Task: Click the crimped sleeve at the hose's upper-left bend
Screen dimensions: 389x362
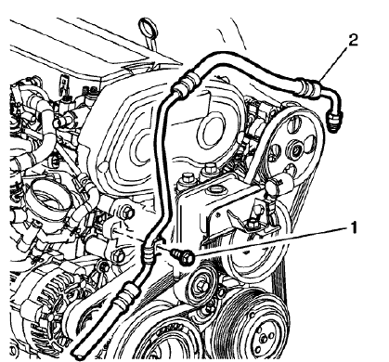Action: click(182, 84)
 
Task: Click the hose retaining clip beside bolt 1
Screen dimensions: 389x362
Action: click(153, 250)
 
